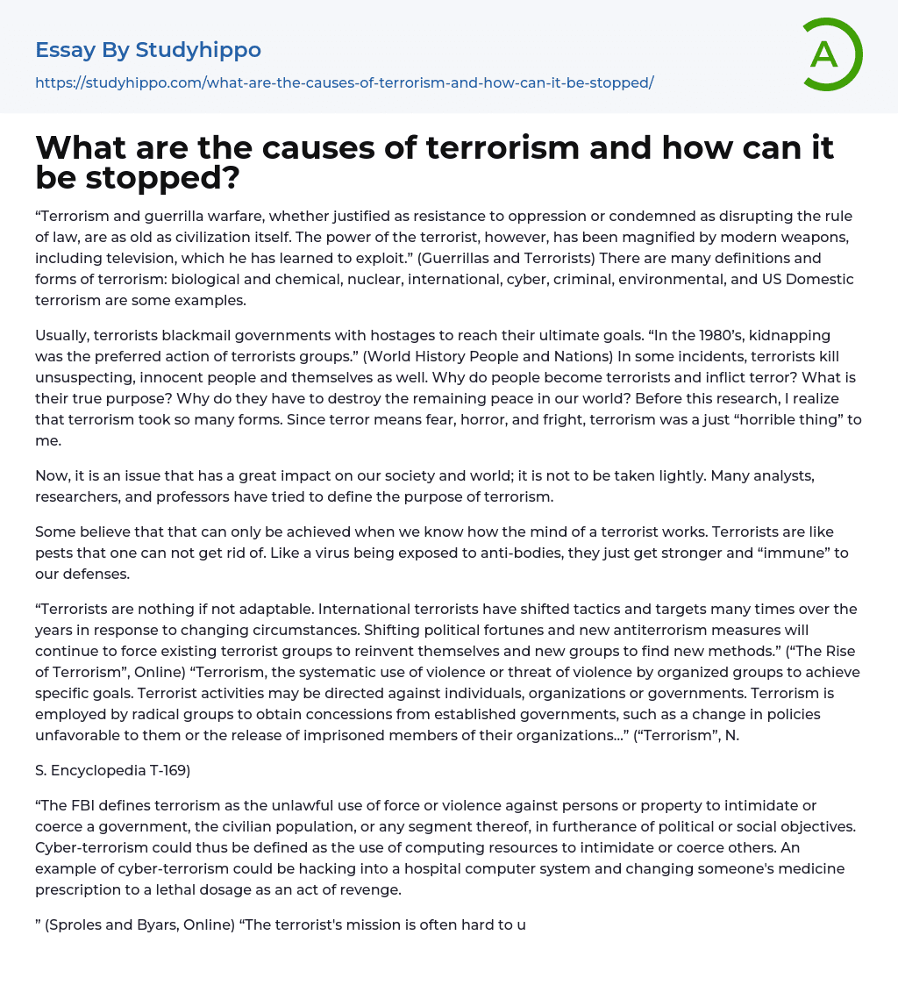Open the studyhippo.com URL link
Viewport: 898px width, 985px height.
coord(344,82)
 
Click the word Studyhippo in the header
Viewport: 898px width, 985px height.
coord(198,50)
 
